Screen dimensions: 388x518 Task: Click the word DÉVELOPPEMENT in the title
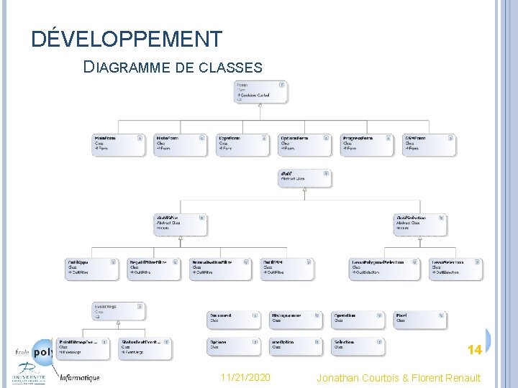pos(127,38)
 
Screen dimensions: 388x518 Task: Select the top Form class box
pos(260,91)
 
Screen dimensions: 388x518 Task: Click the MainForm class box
pos(119,144)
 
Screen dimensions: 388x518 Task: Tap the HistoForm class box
pos(180,144)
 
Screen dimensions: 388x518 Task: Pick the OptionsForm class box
pos(305,144)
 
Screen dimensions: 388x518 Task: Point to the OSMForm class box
pos(429,144)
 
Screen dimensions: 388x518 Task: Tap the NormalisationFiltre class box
pos(221,268)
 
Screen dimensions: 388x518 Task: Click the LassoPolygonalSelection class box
pos(386,268)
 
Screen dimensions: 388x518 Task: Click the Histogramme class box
pos(296,318)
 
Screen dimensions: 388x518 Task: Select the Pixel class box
pos(419,318)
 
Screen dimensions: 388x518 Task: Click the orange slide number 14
pos(474,350)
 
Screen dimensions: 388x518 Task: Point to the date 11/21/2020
pos(246,377)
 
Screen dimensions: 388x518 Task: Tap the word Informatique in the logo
pos(80,377)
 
